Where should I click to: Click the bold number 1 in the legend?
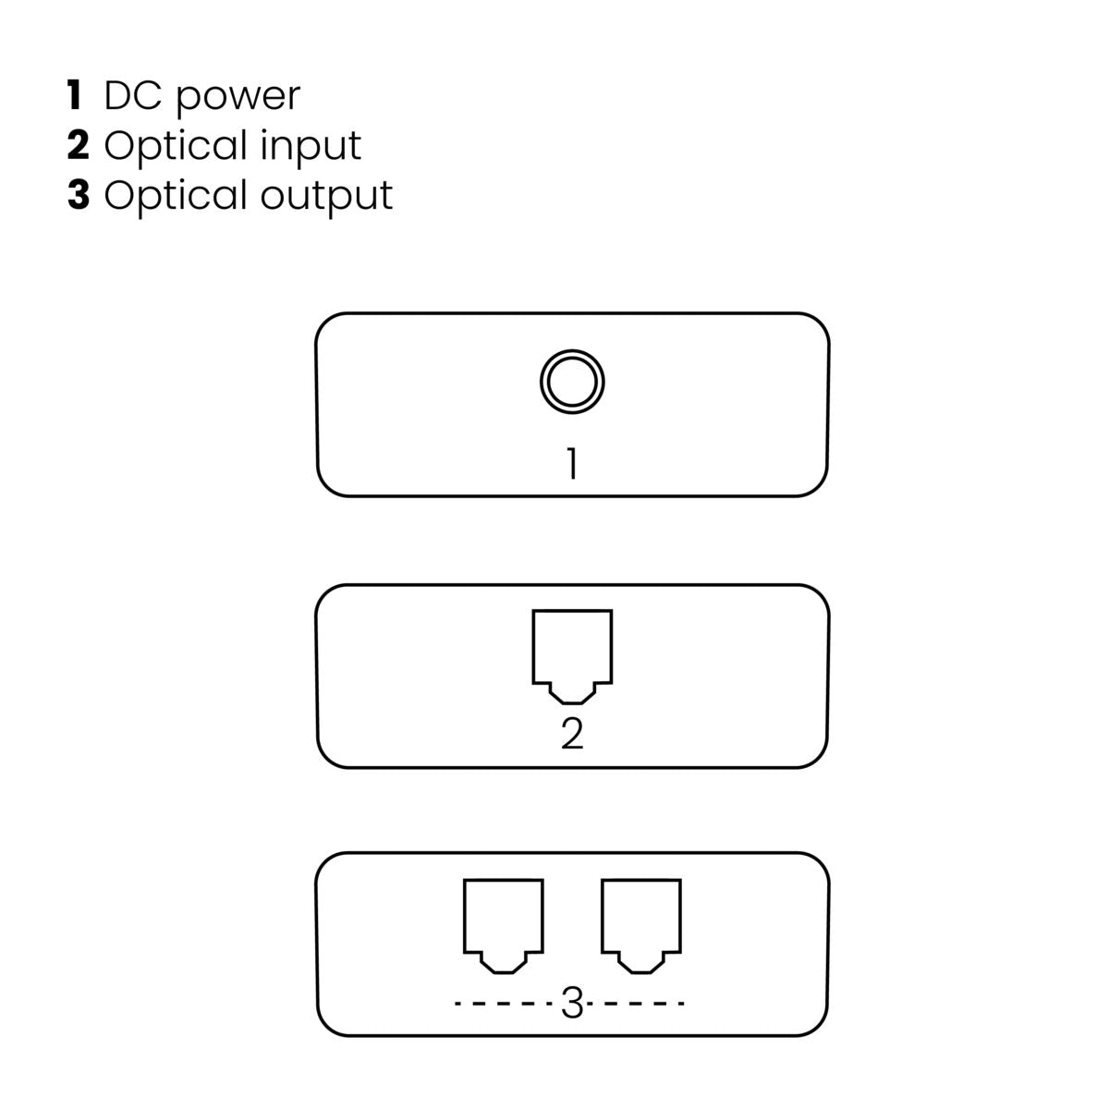[x=75, y=96]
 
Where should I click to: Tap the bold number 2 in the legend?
[x=77, y=146]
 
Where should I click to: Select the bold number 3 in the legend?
[x=78, y=196]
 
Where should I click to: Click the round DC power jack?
[x=572, y=382]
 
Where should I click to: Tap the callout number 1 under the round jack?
[x=572, y=464]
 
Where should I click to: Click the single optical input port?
[x=572, y=652]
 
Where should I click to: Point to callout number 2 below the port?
[x=572, y=734]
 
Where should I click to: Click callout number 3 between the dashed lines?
[x=572, y=1004]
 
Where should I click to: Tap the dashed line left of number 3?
[x=506, y=1004]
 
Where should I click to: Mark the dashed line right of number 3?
[x=639, y=1004]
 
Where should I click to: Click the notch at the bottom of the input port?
[x=572, y=692]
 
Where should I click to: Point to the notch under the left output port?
[x=503, y=963]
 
